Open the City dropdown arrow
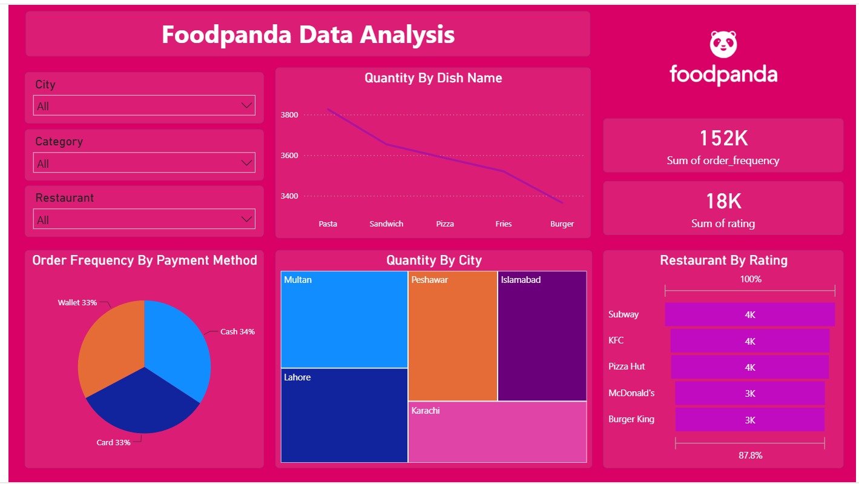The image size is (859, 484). pyautogui.click(x=246, y=105)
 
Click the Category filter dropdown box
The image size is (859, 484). pyautogui.click(x=144, y=162)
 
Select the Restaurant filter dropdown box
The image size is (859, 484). pyautogui.click(x=144, y=219)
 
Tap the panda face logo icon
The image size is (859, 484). pyautogui.click(x=723, y=44)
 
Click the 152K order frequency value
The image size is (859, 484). pyautogui.click(x=723, y=138)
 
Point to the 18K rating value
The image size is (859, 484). pyautogui.click(x=723, y=201)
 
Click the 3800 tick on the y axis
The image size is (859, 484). pyautogui.click(x=289, y=114)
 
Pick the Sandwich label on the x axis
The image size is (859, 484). pyautogui.click(x=386, y=224)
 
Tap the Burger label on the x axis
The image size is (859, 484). pyautogui.click(x=562, y=224)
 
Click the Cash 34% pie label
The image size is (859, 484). pyautogui.click(x=237, y=331)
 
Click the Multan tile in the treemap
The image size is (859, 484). pyautogui.click(x=344, y=319)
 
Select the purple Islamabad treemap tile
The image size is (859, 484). pyautogui.click(x=542, y=336)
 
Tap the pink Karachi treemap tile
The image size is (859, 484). pyautogui.click(x=498, y=432)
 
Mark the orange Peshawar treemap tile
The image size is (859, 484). pyautogui.click(x=453, y=336)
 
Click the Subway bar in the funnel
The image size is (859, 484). pyautogui.click(x=749, y=314)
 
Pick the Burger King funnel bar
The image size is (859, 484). pyautogui.click(x=749, y=420)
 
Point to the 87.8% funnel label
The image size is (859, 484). pyautogui.click(x=751, y=456)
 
